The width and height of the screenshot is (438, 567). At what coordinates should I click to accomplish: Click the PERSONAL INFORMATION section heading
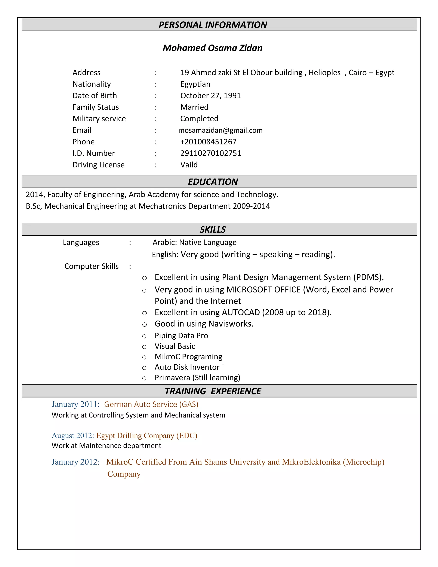213,25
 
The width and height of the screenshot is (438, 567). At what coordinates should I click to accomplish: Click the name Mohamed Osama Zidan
213,48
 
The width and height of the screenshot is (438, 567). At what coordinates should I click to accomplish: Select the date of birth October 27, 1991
210,96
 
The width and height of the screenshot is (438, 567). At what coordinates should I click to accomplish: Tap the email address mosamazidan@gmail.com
220,130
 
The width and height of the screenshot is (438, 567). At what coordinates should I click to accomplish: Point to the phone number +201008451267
208,142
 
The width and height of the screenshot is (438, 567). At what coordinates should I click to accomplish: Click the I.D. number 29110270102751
211,153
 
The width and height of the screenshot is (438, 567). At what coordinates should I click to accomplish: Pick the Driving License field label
98,165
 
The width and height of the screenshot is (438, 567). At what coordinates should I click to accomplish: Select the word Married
194,107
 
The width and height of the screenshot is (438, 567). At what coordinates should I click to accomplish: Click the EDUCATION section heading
213,182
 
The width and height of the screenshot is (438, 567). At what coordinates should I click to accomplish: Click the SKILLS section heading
213,230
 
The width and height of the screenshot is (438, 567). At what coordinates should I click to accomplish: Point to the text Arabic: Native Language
194,242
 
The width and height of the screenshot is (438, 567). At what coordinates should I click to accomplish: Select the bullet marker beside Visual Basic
145,347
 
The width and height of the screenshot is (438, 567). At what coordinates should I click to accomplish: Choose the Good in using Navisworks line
204,324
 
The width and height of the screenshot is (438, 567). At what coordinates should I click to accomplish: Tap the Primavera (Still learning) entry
197,377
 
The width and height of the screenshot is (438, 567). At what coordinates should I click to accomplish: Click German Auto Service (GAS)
151,404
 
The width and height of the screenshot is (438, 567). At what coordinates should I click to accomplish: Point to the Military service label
99,119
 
